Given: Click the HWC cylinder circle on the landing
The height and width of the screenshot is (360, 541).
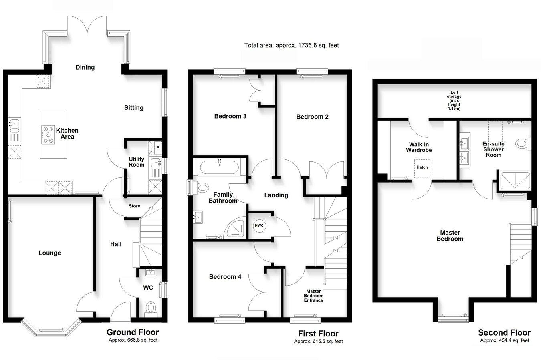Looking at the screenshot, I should [x=259, y=225].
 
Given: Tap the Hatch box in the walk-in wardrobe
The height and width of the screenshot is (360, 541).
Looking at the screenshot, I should [x=422, y=167].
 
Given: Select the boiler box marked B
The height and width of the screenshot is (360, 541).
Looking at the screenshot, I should [x=158, y=148].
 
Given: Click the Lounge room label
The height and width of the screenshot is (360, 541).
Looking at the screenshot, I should [x=50, y=253].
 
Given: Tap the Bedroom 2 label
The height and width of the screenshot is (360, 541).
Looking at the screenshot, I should [x=312, y=117].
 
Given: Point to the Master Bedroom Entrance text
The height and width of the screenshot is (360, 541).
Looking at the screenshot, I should [x=313, y=296].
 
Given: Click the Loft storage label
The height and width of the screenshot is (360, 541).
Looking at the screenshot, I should [x=454, y=101].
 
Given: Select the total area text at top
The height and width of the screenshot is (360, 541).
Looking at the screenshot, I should [x=291, y=45].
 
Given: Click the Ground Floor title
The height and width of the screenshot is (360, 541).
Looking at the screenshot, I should [x=132, y=332].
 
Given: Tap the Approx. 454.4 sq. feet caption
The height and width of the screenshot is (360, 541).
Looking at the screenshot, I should [x=505, y=340].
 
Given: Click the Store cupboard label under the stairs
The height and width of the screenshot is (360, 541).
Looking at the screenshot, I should [x=134, y=206].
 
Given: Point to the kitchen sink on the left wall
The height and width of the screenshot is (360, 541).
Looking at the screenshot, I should [x=14, y=125].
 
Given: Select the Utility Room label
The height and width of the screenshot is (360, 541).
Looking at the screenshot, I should [x=136, y=162].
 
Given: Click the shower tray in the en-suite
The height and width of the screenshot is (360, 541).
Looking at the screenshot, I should [x=515, y=181].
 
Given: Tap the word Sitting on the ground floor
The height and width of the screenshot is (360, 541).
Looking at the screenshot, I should [x=133, y=108].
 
